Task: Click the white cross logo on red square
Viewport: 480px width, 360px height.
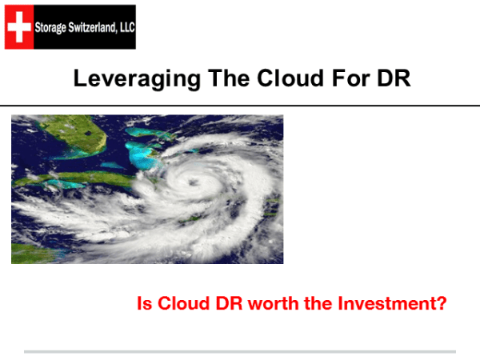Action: click(18, 26)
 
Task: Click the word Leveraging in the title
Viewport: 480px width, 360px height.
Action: click(126, 79)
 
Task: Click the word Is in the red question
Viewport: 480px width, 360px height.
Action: click(145, 305)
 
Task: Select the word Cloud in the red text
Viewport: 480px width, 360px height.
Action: click(182, 305)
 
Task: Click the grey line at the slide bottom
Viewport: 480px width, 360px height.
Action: click(240, 350)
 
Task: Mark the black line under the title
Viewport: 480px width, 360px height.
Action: click(240, 105)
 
